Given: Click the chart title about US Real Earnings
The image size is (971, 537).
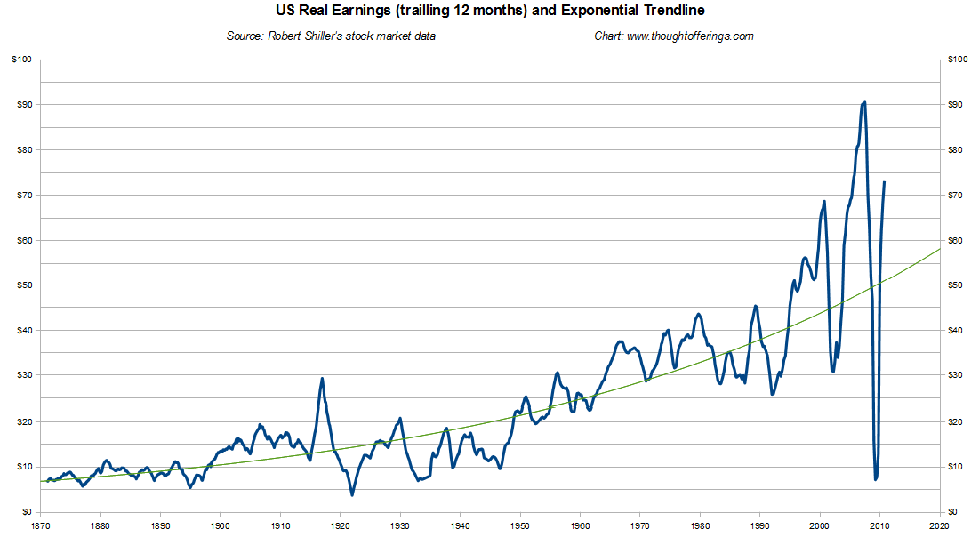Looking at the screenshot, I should click(x=485, y=12).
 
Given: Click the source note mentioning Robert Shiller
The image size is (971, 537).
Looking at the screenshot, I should click(x=332, y=36).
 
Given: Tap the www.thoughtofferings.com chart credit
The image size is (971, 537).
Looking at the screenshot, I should click(x=674, y=36).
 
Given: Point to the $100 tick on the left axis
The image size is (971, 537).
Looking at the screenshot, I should click(x=20, y=60).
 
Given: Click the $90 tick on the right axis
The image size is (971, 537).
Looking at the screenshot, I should click(x=957, y=105).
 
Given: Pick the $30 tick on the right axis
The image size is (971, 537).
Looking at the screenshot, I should click(x=957, y=376).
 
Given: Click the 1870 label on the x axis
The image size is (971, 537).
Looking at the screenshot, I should click(x=40, y=525).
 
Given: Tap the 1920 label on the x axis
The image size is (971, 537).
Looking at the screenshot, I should click(x=341, y=525).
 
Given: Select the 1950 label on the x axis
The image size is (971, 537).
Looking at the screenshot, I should click(x=520, y=525).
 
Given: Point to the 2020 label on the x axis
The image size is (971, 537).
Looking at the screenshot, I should click(x=940, y=525).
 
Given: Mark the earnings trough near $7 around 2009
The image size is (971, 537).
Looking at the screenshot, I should click(x=876, y=479).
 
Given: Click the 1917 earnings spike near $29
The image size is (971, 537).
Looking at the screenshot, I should click(x=322, y=379).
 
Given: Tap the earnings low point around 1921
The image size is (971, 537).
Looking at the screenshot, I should click(x=352, y=494).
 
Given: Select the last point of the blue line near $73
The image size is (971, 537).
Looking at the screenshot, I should click(x=884, y=182).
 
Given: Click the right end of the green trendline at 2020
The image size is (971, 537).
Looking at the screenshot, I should click(x=940, y=249).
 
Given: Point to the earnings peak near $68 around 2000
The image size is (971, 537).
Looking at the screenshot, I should click(x=824, y=202).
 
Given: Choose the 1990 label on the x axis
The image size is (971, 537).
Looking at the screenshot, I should click(x=760, y=525).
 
